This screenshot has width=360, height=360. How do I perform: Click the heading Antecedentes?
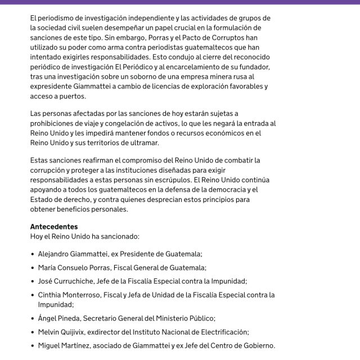click(54, 227)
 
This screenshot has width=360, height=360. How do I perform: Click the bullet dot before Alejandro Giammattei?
click(33, 254)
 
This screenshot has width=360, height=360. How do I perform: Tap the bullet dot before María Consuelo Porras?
click(33, 268)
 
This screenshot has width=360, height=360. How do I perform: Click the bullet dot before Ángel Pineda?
click(33, 318)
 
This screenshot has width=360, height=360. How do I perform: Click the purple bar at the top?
click(180, 2)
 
